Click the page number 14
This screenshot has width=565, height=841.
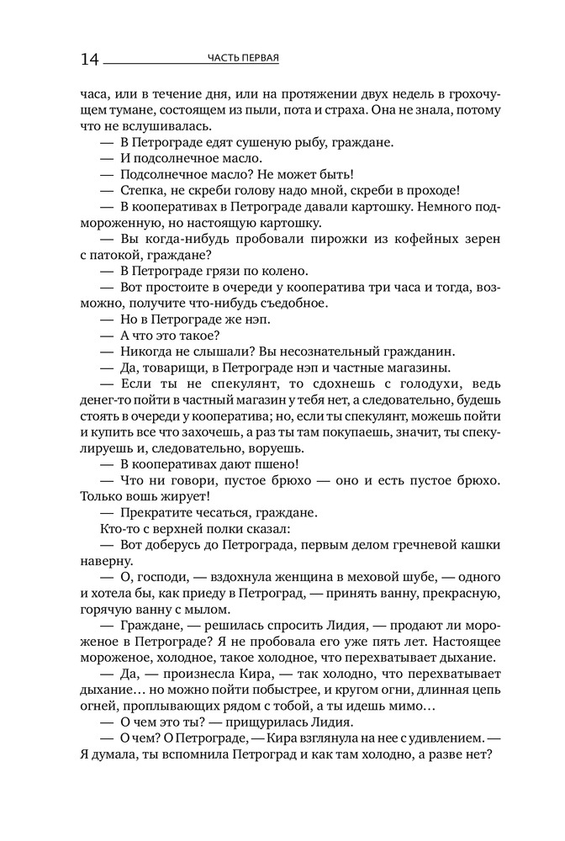click(90, 60)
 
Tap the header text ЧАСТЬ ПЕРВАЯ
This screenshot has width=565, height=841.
click(243, 58)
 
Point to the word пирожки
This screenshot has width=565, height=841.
click(328, 239)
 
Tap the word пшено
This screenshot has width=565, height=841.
click(273, 465)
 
